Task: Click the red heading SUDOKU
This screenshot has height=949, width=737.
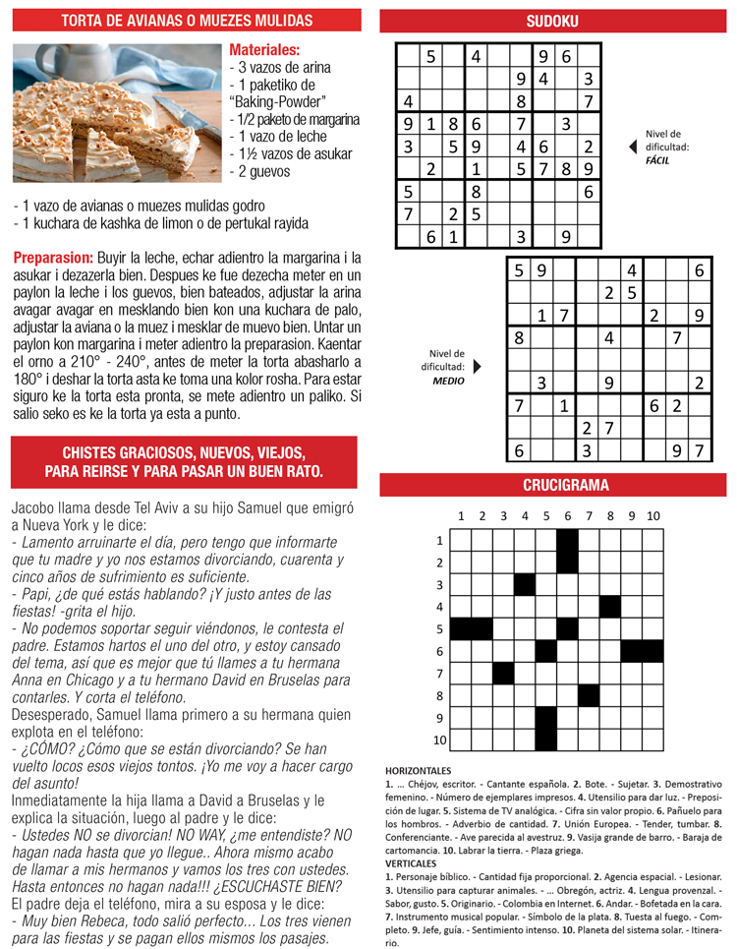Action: click(x=551, y=21)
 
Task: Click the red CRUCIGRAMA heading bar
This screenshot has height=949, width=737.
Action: click(x=551, y=485)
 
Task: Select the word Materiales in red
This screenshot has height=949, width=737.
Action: click(x=264, y=50)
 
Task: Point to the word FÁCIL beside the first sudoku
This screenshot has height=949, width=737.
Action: click(x=657, y=159)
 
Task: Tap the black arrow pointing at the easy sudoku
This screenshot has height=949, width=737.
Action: click(x=632, y=147)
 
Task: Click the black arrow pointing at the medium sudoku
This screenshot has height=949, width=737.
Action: click(x=478, y=366)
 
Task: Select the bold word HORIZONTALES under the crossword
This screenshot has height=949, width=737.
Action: click(x=419, y=770)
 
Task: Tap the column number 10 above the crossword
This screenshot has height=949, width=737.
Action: click(x=652, y=516)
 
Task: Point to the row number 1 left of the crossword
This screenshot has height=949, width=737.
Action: click(x=439, y=541)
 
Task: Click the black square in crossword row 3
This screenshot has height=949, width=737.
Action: click(x=525, y=584)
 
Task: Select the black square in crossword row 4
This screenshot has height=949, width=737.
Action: click(x=610, y=606)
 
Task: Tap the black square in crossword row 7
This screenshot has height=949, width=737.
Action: click(x=503, y=673)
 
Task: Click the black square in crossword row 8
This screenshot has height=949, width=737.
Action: click(x=589, y=694)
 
